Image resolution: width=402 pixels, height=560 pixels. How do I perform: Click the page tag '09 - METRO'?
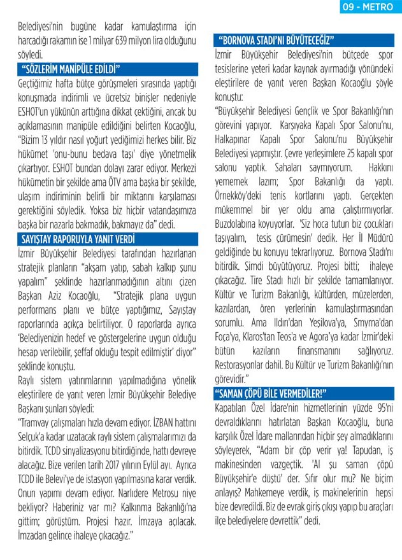tap(368, 8)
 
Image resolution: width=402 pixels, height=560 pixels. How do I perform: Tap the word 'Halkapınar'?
tap(236, 139)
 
